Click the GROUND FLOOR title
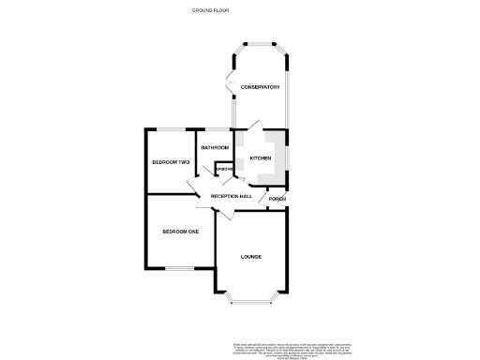[210, 10]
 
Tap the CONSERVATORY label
[260, 87]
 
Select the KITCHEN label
[261, 157]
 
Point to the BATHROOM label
[215, 147]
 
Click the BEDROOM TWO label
[172, 162]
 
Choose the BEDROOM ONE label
[180, 232]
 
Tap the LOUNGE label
[250, 257]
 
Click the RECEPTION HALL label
[231, 196]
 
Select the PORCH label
[277, 200]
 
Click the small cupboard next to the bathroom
[224, 169]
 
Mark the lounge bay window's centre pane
[251, 301]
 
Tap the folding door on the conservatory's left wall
[230, 82]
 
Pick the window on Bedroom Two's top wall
[172, 128]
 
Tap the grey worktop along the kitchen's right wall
[284, 159]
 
